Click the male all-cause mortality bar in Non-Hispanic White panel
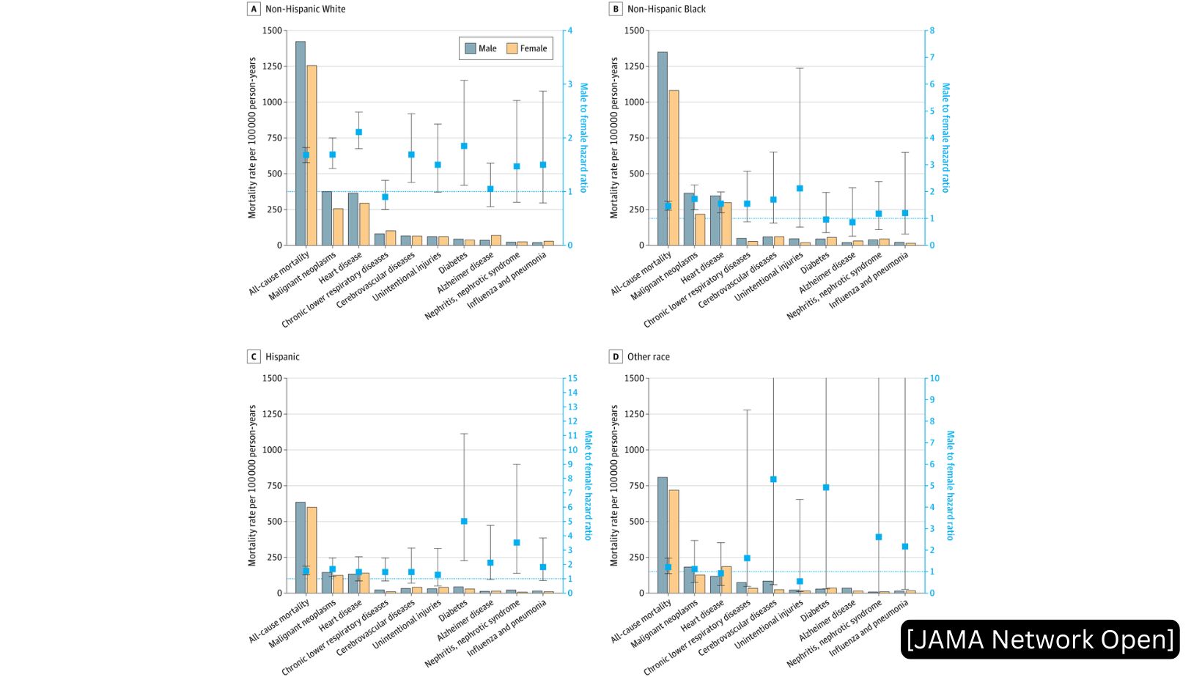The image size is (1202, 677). (300, 143)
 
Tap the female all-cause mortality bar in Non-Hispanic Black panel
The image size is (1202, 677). (674, 167)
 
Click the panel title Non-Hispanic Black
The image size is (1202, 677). (666, 9)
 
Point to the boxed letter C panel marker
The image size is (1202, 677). (254, 357)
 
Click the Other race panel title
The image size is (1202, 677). (648, 357)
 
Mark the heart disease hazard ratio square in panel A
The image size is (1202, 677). (359, 132)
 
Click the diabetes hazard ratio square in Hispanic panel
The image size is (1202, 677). (464, 521)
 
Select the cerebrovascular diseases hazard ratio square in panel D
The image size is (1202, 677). (773, 479)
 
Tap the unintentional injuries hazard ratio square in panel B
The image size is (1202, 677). (800, 188)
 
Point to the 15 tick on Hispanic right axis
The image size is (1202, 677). (572, 378)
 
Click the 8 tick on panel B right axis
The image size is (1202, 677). (932, 31)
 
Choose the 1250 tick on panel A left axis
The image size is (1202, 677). (272, 66)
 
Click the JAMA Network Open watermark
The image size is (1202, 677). (1040, 640)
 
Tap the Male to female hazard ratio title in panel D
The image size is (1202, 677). (950, 485)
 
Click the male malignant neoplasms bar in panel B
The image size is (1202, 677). (689, 219)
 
